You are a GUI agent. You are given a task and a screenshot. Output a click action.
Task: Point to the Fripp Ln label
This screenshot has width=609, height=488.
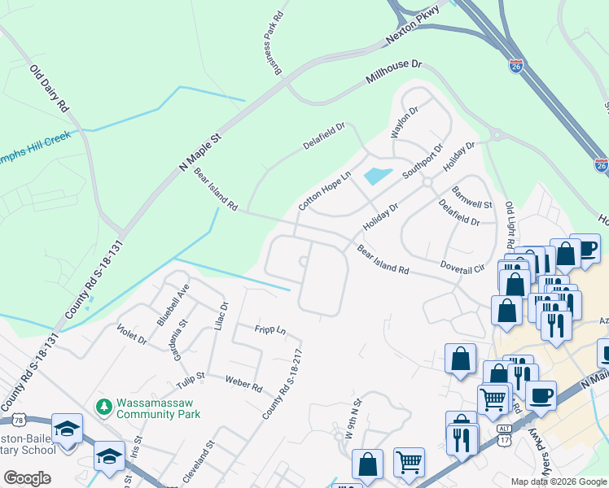[x=269, y=330]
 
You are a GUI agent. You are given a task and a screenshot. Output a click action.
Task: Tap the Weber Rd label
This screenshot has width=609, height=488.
[x=243, y=383]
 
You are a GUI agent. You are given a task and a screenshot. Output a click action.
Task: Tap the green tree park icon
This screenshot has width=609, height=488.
[x=103, y=405]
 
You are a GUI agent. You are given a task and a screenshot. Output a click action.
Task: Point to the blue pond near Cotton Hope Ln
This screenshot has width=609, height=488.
[x=377, y=174]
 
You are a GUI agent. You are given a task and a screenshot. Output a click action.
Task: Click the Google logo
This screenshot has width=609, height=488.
[x=27, y=477]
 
